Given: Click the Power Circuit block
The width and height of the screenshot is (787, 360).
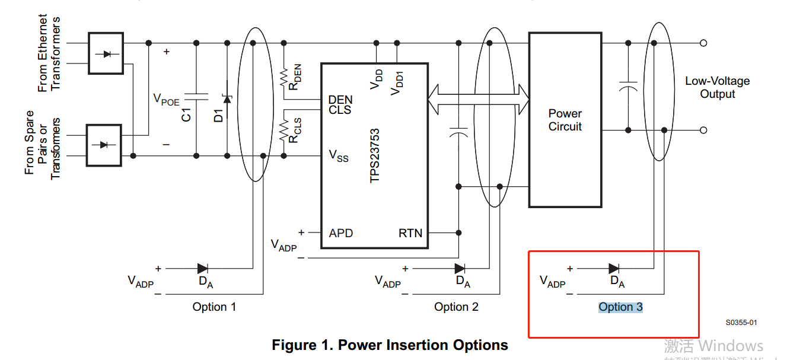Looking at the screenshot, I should click(x=565, y=120).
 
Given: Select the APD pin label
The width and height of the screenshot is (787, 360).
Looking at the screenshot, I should click(x=341, y=233).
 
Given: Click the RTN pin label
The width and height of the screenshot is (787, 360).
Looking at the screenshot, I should click(x=410, y=233).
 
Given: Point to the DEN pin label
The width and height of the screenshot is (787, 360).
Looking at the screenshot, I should click(x=340, y=100).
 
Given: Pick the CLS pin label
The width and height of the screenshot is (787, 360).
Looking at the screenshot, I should click(x=340, y=110).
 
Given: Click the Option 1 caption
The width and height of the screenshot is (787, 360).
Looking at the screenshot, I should click(x=214, y=307).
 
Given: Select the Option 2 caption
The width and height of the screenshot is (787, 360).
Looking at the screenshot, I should click(x=456, y=307).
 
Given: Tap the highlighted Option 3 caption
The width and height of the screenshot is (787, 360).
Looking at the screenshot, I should click(x=620, y=307).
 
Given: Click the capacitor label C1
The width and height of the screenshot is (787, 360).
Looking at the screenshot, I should click(x=187, y=114).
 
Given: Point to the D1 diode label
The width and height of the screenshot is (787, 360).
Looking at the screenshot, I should click(x=218, y=114).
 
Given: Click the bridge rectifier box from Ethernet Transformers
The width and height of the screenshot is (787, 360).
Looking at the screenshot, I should click(x=106, y=53).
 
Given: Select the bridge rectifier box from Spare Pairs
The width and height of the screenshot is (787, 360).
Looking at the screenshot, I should click(x=104, y=145).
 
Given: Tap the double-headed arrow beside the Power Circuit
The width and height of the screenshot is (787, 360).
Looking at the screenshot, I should click(x=478, y=99).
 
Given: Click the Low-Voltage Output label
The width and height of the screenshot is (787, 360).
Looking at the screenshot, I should click(x=717, y=88).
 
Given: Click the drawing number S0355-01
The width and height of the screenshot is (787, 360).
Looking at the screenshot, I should click(x=741, y=323).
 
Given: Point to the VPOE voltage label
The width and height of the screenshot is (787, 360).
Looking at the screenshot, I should click(x=166, y=99).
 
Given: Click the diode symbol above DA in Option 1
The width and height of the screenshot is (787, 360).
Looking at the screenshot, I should click(x=203, y=269).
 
